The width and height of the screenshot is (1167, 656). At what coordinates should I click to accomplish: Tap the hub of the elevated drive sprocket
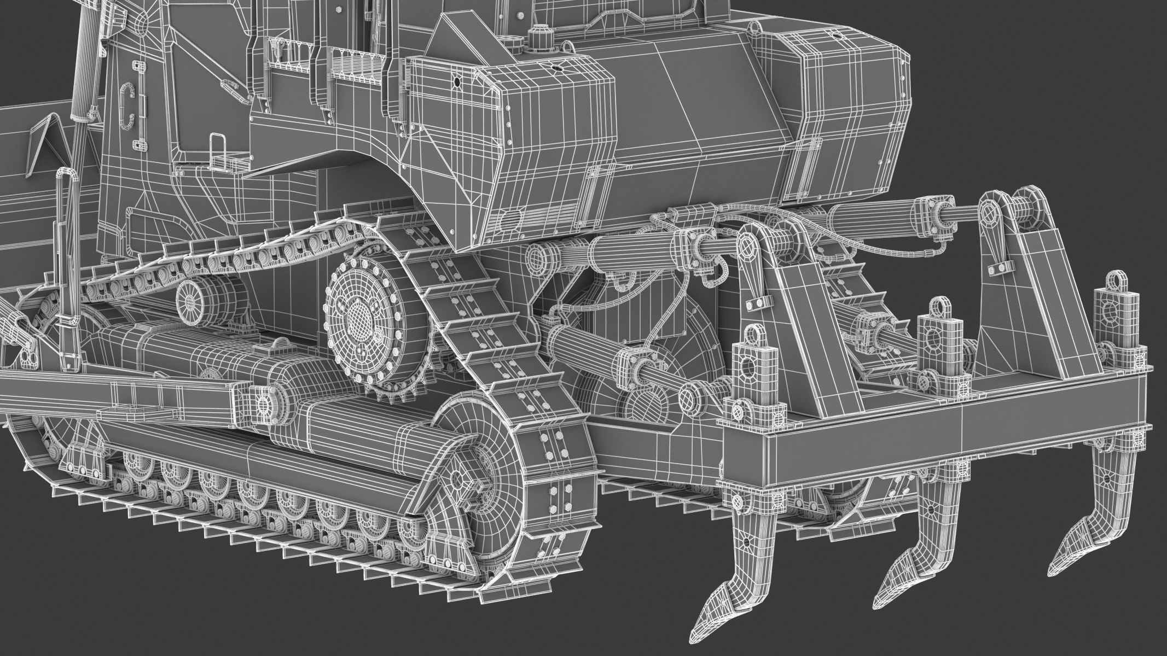pos(358,317)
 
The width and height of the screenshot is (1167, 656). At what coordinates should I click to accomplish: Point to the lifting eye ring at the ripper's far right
pos(1112,281)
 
